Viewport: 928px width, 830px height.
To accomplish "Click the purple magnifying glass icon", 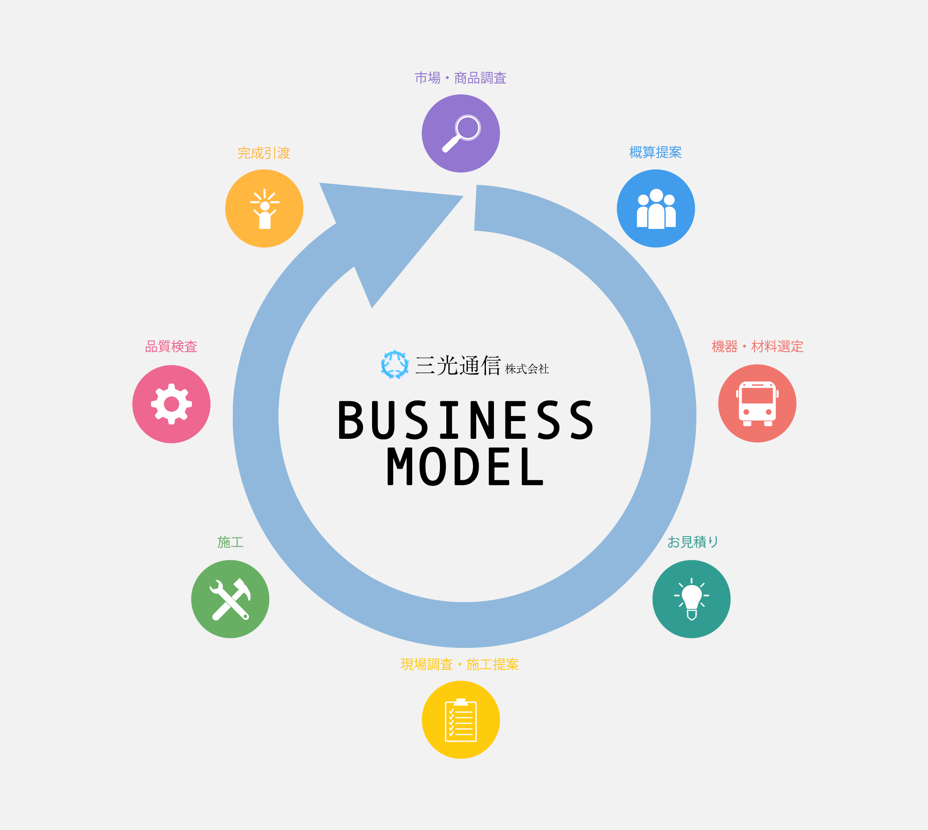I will (461, 133).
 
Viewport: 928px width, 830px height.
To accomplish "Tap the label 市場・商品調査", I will (460, 78).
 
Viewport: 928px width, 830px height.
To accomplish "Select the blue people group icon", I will (656, 209).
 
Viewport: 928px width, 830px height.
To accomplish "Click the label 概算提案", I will (655, 152).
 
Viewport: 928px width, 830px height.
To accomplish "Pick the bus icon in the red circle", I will (757, 403).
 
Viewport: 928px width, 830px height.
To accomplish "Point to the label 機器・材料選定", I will (757, 347).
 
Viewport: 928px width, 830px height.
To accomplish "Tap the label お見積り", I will (693, 542).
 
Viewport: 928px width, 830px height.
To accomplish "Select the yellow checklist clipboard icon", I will (461, 720).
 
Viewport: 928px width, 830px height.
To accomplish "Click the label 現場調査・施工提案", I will (459, 664).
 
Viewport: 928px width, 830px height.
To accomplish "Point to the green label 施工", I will (230, 542).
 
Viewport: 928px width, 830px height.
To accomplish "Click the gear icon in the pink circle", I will (172, 404).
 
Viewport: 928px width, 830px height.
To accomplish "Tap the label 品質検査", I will (171, 347).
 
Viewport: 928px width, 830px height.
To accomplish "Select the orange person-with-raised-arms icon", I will (264, 209).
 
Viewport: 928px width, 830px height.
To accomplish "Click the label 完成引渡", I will (264, 153).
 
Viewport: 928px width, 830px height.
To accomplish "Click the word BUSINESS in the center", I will (465, 420).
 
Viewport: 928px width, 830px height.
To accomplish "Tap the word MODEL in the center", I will (465, 467).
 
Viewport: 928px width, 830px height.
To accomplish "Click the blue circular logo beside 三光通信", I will (395, 365).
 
